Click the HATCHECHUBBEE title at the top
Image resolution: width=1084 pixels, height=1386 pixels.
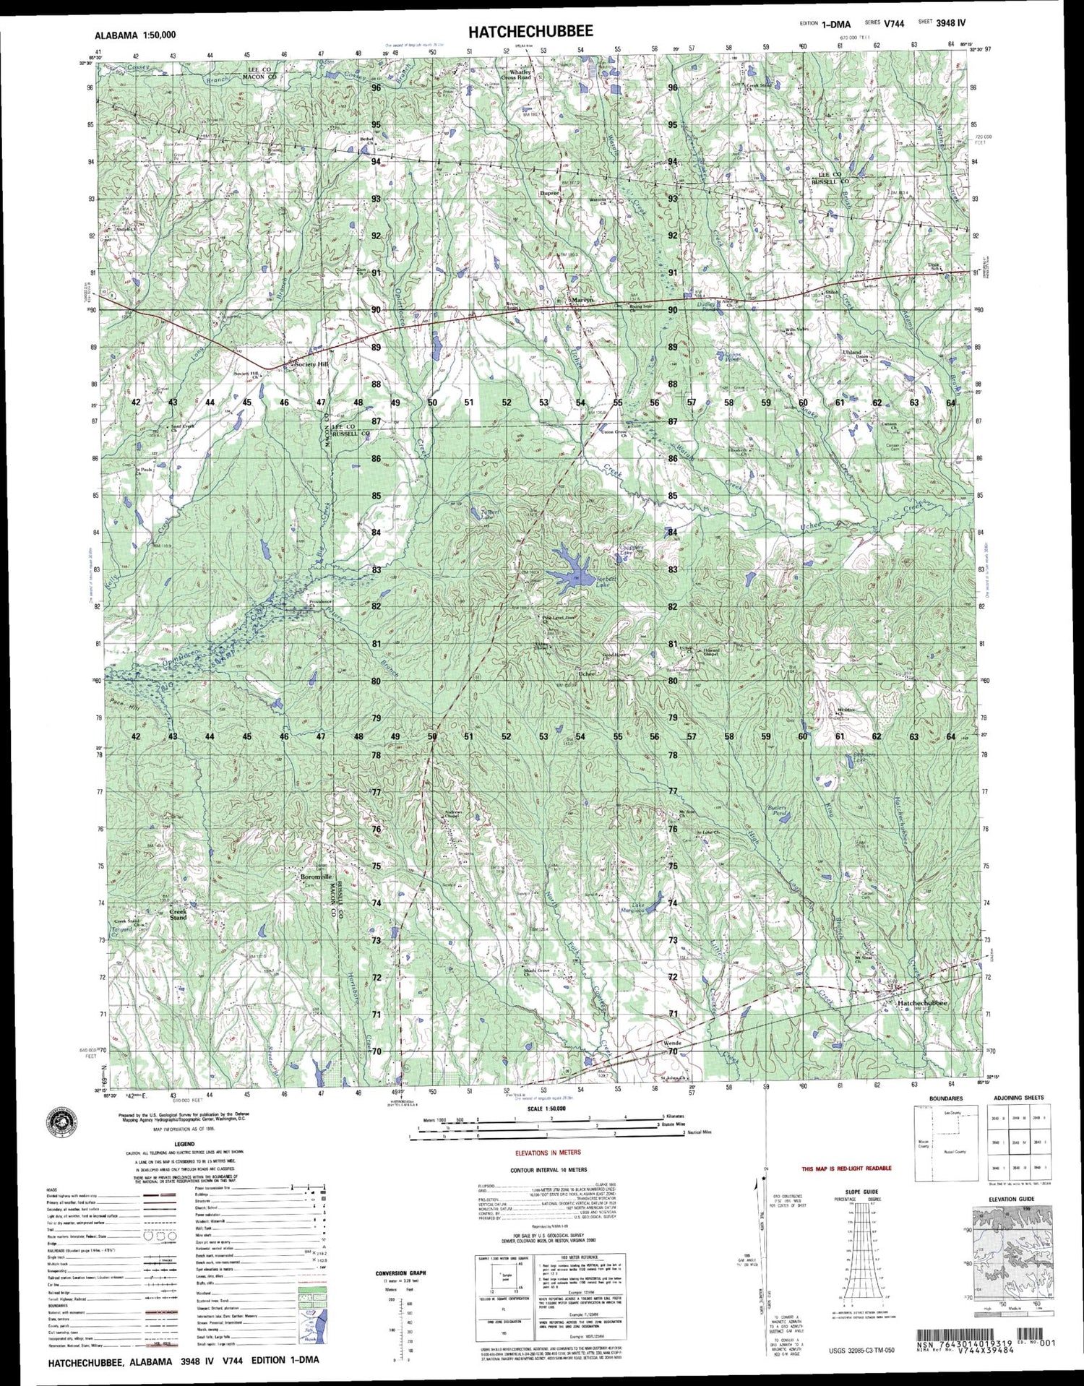pyautogui.click(x=530, y=31)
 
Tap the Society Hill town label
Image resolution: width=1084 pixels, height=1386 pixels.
pyautogui.click(x=311, y=364)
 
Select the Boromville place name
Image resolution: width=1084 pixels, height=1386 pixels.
pyautogui.click(x=316, y=877)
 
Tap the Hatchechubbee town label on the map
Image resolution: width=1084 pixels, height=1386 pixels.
pyautogui.click(x=921, y=1003)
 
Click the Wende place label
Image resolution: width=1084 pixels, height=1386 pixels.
pyautogui.click(x=672, y=1043)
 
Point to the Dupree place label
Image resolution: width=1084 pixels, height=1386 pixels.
pyautogui.click(x=550, y=193)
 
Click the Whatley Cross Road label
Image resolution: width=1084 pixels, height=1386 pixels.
pyautogui.click(x=519, y=74)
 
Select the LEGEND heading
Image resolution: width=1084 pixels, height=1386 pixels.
pyautogui.click(x=184, y=1144)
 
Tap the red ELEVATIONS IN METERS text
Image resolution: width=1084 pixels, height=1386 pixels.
pyautogui.click(x=547, y=1153)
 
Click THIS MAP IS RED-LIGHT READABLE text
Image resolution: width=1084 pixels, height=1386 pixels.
pyautogui.click(x=846, y=1168)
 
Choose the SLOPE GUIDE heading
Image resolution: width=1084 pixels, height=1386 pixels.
pyautogui.click(x=861, y=1192)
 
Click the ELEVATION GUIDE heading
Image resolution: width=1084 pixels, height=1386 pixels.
pyautogui.click(x=1012, y=1199)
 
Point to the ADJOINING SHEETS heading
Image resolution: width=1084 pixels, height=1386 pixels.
pyautogui.click(x=1018, y=1098)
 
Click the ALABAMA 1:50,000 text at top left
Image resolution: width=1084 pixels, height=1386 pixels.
pyautogui.click(x=135, y=34)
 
